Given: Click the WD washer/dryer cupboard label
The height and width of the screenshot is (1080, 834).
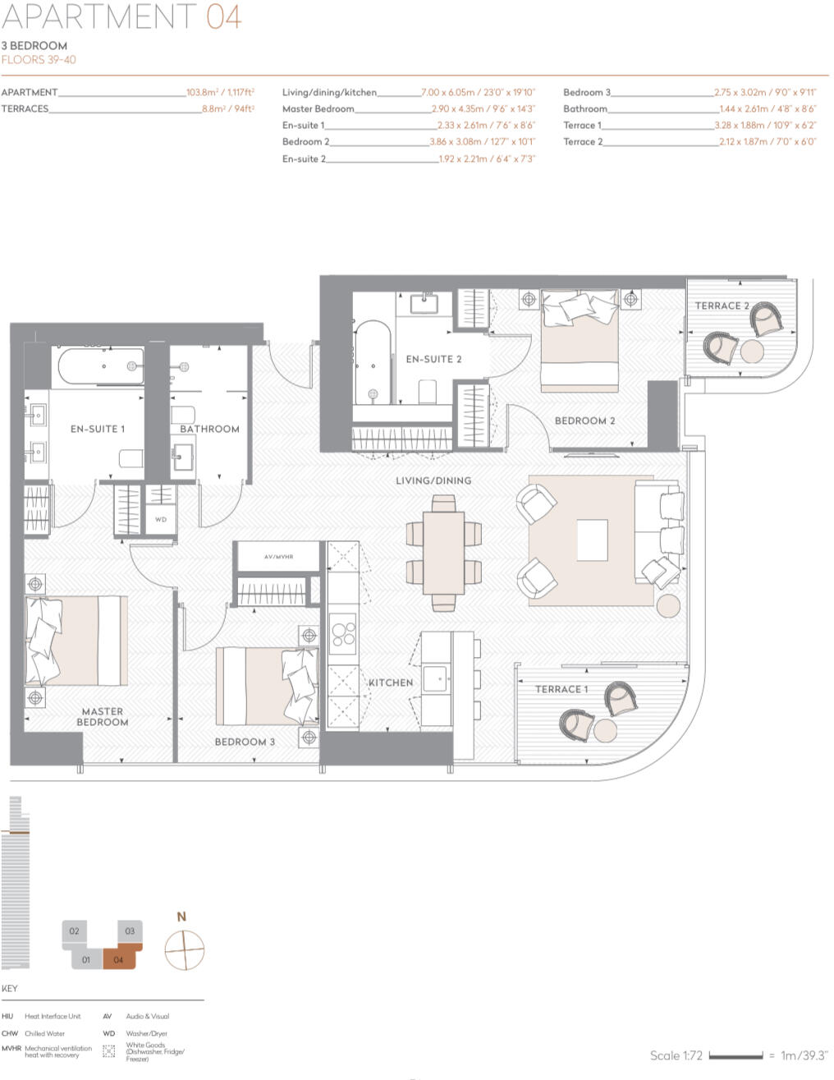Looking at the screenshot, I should click(x=161, y=520).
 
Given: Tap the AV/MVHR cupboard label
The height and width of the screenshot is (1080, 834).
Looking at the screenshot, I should click(x=278, y=557).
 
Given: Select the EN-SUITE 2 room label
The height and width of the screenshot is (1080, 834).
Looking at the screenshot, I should click(x=433, y=359).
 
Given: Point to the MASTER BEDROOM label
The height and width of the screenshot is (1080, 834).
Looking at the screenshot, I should click(x=103, y=717).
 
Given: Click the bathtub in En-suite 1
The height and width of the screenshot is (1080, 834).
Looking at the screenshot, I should click(x=98, y=367).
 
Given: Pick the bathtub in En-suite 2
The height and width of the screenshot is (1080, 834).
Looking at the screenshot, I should click(x=373, y=362).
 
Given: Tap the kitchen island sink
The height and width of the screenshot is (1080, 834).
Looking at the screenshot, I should click(x=434, y=679).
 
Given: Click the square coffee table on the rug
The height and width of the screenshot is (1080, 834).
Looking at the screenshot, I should click(x=593, y=540).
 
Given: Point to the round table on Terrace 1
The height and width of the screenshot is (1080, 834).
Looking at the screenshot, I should click(x=606, y=730).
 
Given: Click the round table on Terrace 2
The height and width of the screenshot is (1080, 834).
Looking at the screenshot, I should click(x=753, y=351).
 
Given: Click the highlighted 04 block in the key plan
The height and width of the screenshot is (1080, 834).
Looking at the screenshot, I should click(x=120, y=958).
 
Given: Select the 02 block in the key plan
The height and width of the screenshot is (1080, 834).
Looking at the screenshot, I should click(x=75, y=931).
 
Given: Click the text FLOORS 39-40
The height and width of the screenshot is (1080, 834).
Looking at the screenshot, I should click(x=39, y=60).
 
